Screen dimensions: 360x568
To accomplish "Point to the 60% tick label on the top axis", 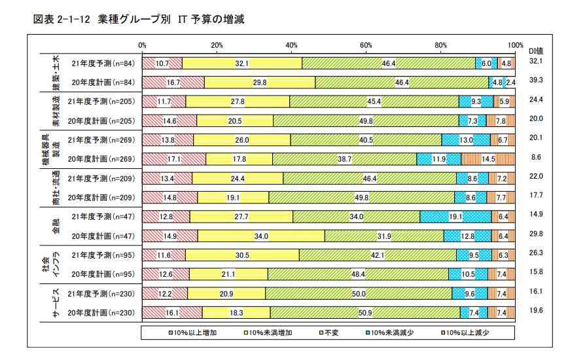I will tap(366, 45).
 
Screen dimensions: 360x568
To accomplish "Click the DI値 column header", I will tap(537, 51).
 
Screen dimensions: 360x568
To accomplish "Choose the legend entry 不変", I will tap(325, 333).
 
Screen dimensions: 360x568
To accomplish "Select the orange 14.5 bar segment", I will tap(488, 159).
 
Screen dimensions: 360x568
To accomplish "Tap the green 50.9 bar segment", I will tap(365, 313).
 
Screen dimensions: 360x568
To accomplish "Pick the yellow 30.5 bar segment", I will tap(242, 255).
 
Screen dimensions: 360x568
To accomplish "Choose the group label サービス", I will tap(56, 303).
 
